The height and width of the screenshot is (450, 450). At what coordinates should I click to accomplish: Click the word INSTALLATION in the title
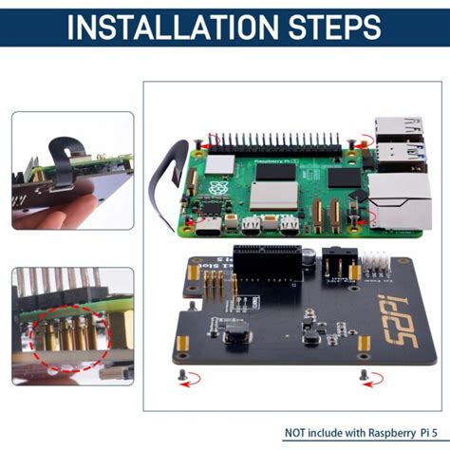coord(162,26)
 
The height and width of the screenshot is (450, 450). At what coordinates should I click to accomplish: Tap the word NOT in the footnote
coord(299,433)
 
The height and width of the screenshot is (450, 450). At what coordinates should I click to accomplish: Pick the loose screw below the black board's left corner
coord(181,376)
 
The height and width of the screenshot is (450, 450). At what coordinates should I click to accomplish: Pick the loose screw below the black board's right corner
coord(362,376)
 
